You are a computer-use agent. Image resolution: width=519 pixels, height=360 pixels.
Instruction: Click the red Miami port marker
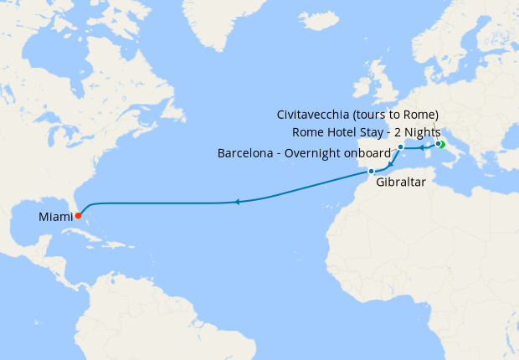coord(77,215)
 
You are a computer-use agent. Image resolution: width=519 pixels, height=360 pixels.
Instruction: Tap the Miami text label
coord(54,217)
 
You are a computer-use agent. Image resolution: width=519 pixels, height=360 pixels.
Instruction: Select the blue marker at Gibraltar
coord(371,172)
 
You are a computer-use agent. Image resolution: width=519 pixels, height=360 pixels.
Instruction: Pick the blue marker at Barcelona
coord(401,147)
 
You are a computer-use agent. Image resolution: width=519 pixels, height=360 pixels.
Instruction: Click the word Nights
coord(419,132)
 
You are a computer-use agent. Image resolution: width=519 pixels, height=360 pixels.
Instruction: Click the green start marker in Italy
coord(440,145)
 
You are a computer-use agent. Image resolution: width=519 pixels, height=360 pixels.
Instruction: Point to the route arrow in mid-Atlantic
coord(238,202)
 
